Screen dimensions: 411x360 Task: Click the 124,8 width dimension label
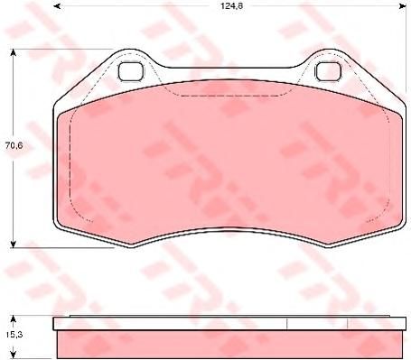pyautogui.click(x=232, y=6)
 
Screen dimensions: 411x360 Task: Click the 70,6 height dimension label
pyautogui.click(x=14, y=145)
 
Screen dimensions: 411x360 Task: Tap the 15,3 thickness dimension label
pyautogui.click(x=13, y=334)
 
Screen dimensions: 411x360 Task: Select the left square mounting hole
pyautogui.click(x=130, y=71)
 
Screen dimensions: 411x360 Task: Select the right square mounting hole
pyautogui.click(x=328, y=71)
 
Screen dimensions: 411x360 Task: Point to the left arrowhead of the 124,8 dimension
pyautogui.click(x=57, y=6)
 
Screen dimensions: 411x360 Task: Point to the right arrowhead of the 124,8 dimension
pyautogui.click(x=403, y=6)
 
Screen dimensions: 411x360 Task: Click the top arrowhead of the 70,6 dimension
pyautogui.click(x=13, y=53)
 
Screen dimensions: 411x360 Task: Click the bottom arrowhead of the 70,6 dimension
pyautogui.click(x=13, y=244)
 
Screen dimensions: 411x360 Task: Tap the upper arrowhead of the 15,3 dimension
pyautogui.click(x=13, y=318)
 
